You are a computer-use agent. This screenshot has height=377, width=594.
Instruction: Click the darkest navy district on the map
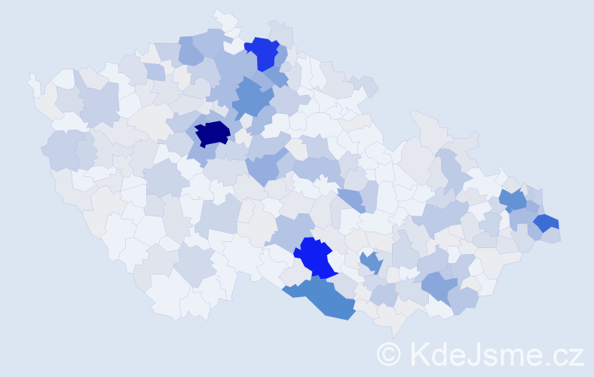point(213,133)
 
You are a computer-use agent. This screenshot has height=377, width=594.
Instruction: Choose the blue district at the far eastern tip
point(547,222)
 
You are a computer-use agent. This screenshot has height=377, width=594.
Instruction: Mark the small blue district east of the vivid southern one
point(370,262)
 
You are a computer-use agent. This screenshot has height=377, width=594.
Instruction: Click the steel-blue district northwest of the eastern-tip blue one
point(513,200)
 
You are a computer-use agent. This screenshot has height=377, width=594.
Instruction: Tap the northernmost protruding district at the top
point(222,17)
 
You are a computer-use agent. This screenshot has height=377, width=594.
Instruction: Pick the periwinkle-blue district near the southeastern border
point(439,285)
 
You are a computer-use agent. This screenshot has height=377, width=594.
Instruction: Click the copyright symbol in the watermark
point(389,354)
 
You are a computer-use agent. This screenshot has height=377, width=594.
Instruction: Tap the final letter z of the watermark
point(575,356)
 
